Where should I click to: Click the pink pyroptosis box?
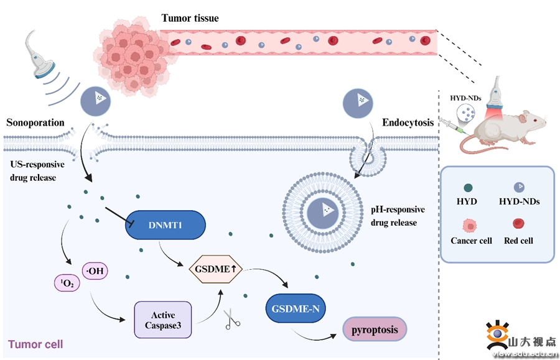375,329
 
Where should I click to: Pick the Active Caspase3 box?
162,319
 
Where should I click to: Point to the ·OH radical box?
95,271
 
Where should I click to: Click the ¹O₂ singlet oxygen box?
67,284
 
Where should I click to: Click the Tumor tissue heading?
190,18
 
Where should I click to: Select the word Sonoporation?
35,122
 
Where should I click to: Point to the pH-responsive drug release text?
396,216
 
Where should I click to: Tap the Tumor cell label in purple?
35,344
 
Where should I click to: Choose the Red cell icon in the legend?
518,223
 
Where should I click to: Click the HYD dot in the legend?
467,187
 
